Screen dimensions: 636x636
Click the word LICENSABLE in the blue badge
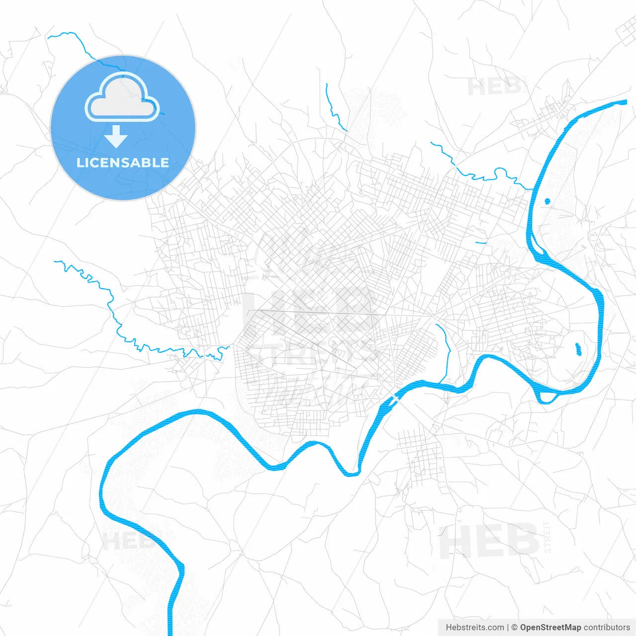(123, 163)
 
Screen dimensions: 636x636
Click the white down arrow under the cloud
(116, 137)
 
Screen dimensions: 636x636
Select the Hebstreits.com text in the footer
(475, 628)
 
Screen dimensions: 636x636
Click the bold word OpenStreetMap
(551, 628)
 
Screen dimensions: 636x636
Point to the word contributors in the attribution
(607, 628)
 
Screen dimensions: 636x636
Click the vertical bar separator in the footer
(508, 628)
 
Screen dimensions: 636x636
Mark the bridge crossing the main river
(396, 399)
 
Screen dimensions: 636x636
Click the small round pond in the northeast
(548, 201)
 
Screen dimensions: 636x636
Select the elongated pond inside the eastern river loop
(578, 349)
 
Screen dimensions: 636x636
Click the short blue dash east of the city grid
(480, 243)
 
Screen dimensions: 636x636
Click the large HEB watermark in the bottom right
(489, 541)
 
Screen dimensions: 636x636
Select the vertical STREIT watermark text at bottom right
(547, 537)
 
